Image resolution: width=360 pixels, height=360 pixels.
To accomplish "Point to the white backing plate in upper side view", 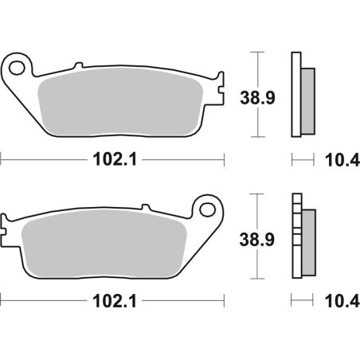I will click(297, 96).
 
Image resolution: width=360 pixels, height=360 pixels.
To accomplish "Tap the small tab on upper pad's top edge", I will click(77, 66).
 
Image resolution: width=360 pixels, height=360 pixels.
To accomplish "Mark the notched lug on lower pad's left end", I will click(7, 222).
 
